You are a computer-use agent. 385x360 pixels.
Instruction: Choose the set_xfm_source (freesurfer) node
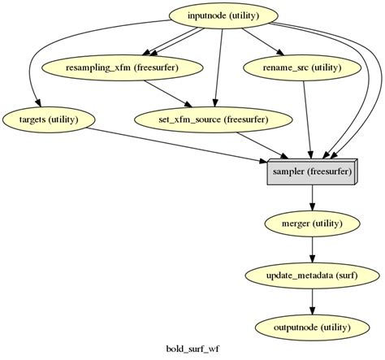tap(213, 120)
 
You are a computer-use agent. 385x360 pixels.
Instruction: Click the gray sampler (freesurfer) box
tap(312, 172)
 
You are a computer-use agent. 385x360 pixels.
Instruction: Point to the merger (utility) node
tap(312, 223)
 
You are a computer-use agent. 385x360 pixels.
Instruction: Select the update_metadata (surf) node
tap(312, 275)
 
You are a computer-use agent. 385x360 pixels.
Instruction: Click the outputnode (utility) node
tap(312, 327)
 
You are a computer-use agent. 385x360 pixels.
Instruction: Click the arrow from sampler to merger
tap(312, 197)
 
